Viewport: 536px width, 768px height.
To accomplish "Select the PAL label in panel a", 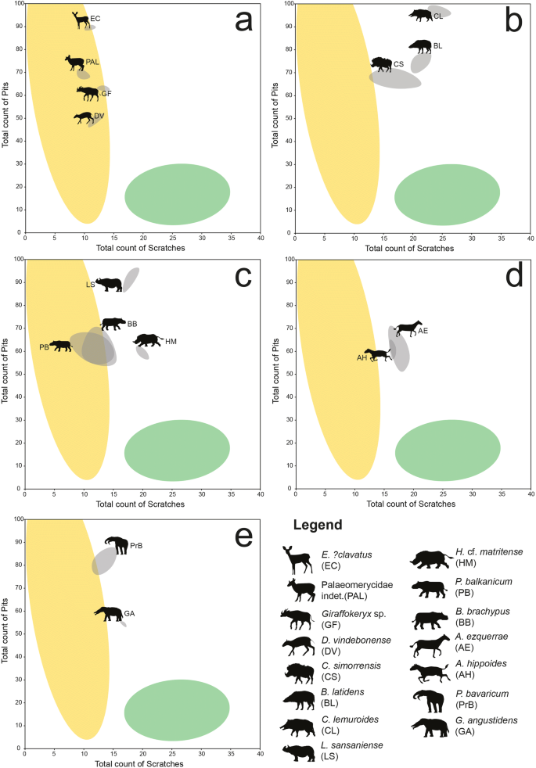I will click(92, 61).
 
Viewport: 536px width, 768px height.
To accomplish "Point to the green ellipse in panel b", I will click(447, 194).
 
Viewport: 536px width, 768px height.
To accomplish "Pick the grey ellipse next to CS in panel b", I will click(395, 78).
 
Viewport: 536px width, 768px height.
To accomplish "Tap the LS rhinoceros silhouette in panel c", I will click(109, 285).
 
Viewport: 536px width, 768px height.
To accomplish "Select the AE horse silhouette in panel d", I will click(408, 328).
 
